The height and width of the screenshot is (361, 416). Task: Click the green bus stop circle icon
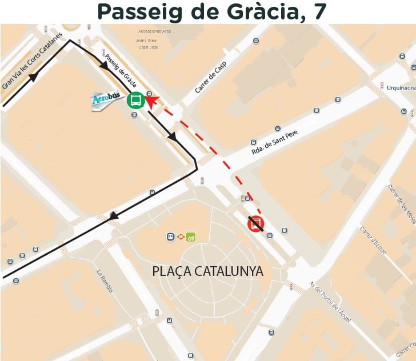click(136, 101)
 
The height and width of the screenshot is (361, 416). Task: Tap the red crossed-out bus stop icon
click(255, 224)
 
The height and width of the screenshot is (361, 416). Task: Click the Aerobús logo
click(107, 101)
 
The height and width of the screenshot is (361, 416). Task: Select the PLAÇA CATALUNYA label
click(208, 271)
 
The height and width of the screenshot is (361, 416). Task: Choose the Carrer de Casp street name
click(210, 78)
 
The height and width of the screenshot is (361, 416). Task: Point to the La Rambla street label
click(105, 281)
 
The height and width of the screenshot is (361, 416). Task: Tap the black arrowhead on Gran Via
click(33, 76)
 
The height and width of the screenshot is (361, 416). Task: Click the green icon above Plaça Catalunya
click(191, 236)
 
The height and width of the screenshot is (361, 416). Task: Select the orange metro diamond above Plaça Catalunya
click(180, 236)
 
